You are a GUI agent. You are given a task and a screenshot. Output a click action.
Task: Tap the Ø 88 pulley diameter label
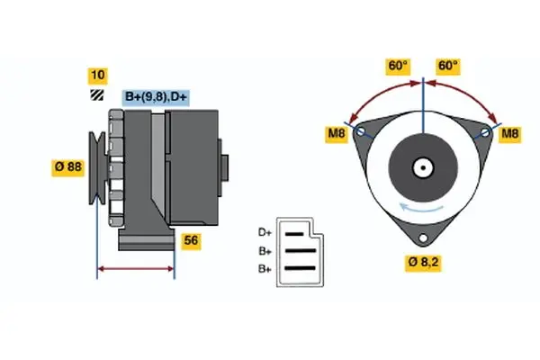click(68, 166)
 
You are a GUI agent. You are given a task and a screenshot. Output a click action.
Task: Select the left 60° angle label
click(398, 66)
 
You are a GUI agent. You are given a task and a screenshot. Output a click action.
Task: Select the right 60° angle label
click(448, 66)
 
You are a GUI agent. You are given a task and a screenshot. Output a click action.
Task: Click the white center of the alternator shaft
click(422, 167)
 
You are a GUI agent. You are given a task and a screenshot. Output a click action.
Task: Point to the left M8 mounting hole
click(361, 132)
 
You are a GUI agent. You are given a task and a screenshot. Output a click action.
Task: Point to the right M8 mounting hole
click(485, 132)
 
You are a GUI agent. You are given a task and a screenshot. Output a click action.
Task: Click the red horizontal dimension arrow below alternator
click(135, 268)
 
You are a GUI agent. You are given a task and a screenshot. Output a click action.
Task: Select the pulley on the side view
click(97, 166)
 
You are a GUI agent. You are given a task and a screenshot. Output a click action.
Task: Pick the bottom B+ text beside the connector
click(265, 268)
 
